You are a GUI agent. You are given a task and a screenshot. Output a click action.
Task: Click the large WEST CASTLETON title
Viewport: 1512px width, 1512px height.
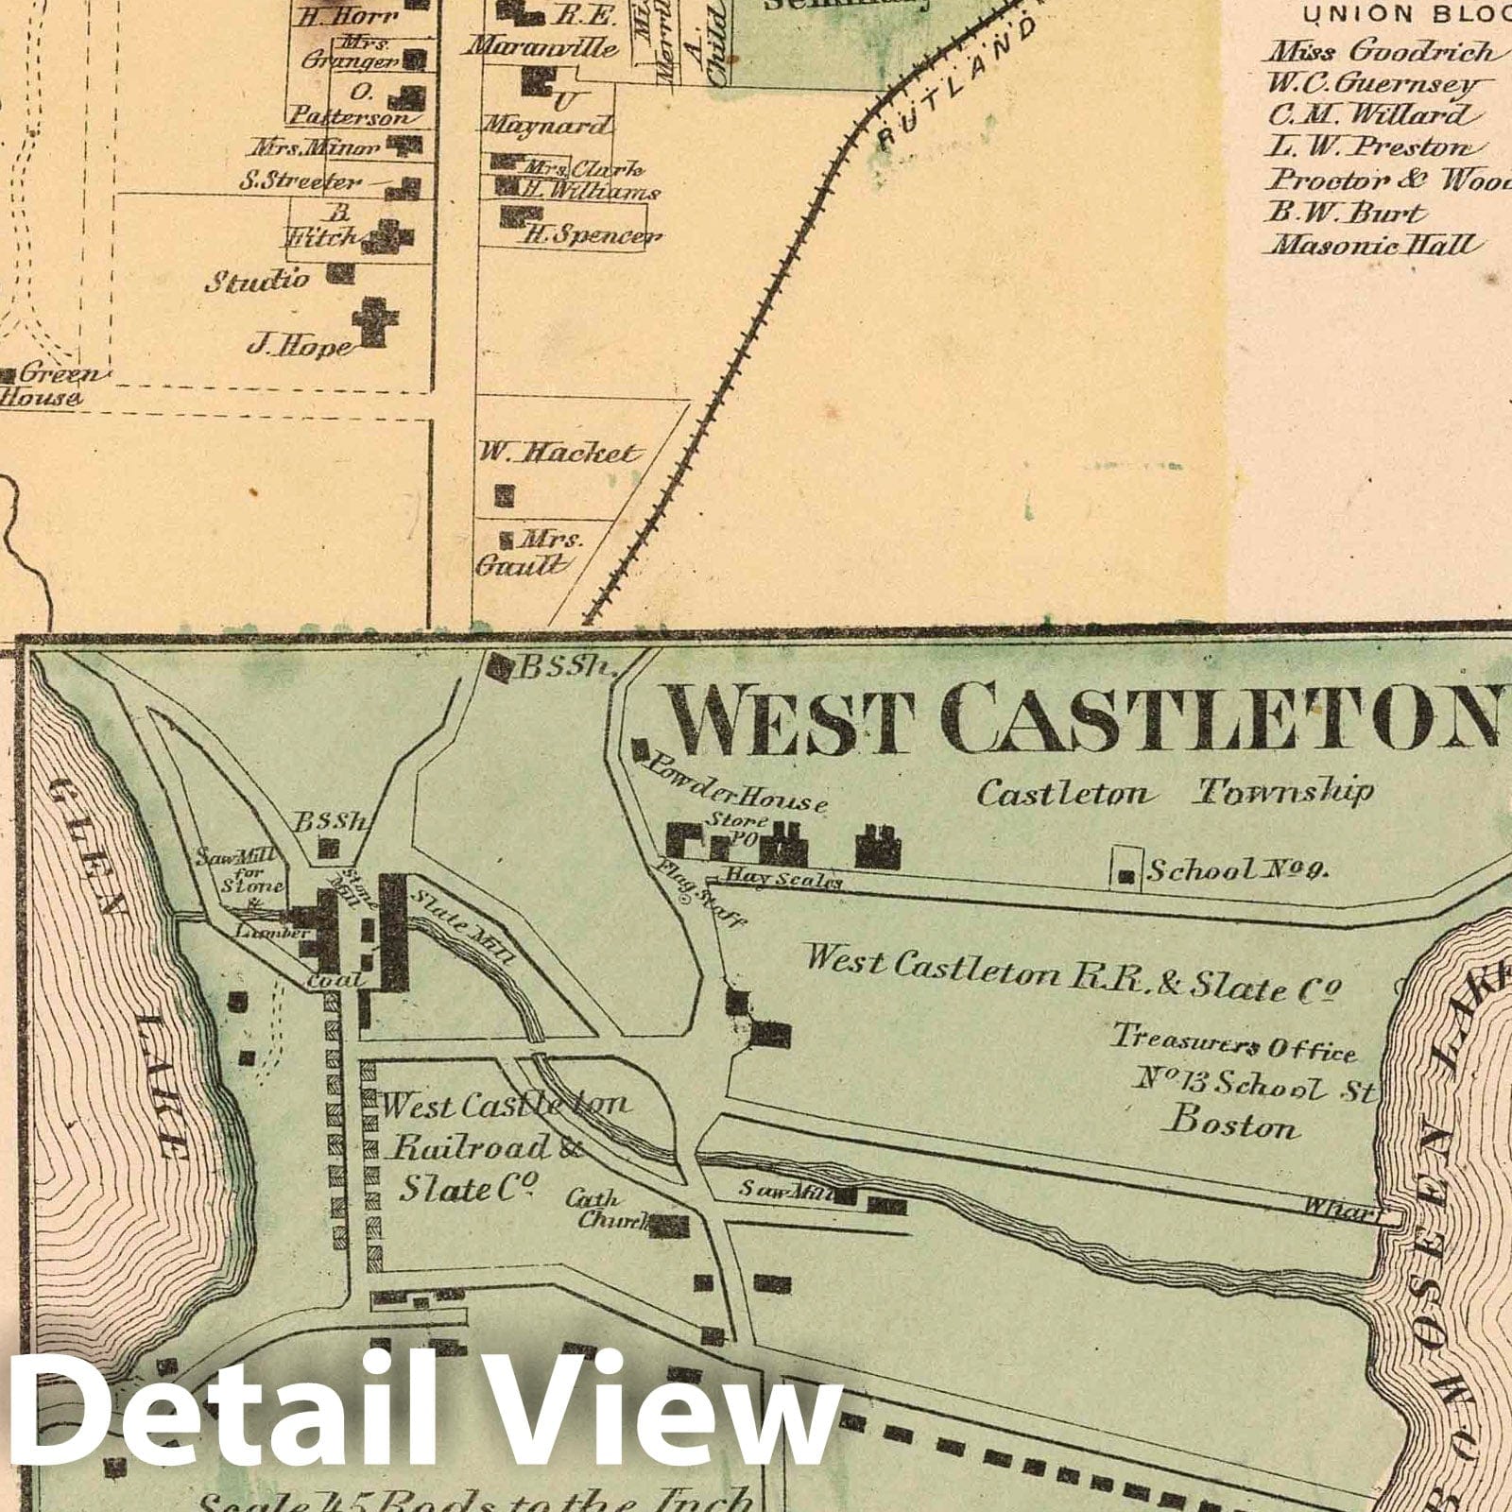(1082, 715)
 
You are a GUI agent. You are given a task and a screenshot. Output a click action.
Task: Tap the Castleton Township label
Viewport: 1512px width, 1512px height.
(1172, 792)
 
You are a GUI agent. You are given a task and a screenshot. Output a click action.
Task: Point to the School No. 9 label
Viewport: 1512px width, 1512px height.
(1237, 871)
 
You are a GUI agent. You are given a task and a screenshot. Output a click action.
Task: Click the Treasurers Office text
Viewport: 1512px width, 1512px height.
(1233, 1043)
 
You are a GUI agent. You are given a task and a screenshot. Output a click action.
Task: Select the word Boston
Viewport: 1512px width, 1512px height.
(1232, 1125)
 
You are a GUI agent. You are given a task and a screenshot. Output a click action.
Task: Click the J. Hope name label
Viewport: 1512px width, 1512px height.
(298, 347)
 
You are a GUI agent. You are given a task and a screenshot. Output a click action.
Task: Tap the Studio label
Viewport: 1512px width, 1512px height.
(257, 280)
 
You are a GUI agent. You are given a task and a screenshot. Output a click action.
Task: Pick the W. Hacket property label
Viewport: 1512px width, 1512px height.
(558, 454)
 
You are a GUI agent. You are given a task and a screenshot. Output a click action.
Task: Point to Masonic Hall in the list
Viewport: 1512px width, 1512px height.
(1370, 246)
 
